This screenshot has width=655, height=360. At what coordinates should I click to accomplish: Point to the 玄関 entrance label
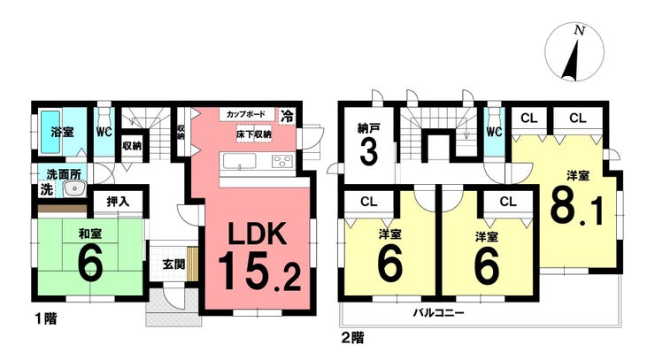pyautogui.click(x=173, y=264)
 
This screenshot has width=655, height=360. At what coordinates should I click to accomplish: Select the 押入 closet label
pyautogui.click(x=119, y=202)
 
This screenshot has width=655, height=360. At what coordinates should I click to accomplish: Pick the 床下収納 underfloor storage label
pyautogui.click(x=253, y=134)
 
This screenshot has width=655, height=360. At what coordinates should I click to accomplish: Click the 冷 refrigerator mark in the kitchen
pyautogui.click(x=288, y=116)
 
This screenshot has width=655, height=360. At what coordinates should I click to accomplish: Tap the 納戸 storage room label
pyautogui.click(x=369, y=126)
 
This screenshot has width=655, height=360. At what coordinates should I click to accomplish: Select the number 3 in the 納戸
pyautogui.click(x=369, y=152)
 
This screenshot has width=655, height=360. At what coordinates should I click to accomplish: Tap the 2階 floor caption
pyautogui.click(x=351, y=336)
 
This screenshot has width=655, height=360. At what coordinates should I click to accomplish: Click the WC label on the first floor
pyautogui.click(x=104, y=133)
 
